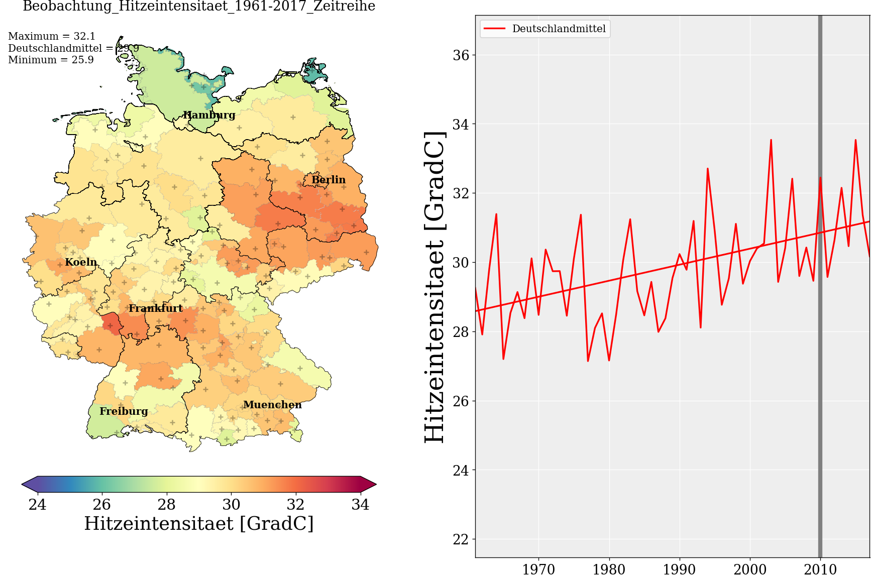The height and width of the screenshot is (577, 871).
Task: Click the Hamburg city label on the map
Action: (209, 115)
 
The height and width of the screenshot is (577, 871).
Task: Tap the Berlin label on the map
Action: (329, 180)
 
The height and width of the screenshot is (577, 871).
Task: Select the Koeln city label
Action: (81, 262)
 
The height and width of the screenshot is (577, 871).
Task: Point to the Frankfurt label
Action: (156, 308)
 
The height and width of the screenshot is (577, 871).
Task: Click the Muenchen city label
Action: (272, 405)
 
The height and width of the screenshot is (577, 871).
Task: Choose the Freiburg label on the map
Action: (124, 411)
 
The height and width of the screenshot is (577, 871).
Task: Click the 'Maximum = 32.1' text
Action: (52, 36)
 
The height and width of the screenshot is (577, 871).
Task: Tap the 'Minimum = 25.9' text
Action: (51, 60)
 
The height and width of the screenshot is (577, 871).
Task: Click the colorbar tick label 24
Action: (37, 504)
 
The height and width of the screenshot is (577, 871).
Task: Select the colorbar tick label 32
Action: (296, 504)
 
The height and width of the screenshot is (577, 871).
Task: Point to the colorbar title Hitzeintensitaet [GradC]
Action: (199, 523)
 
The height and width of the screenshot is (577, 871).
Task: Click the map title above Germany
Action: (199, 7)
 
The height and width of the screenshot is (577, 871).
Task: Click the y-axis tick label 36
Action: (461, 55)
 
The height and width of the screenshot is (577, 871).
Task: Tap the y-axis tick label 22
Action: (461, 539)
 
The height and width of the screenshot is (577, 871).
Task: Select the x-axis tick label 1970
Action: (538, 569)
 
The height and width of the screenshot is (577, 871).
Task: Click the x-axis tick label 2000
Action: (750, 569)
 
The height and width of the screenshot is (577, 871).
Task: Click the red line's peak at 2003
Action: (771, 140)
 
